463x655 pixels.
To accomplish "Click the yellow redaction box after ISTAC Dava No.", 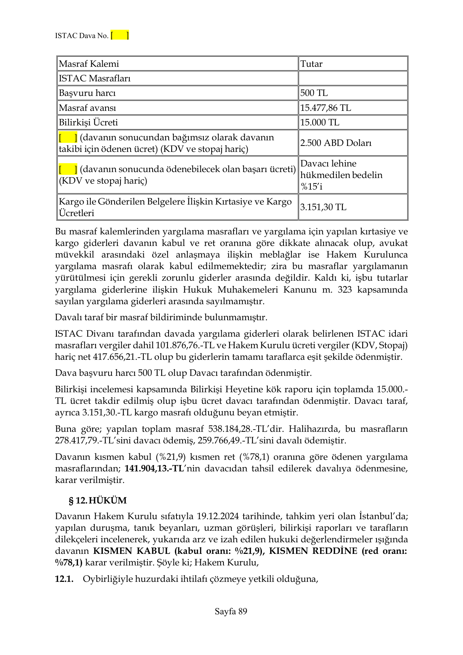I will pos(120,35).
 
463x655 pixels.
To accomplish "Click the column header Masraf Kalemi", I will pos(89,64).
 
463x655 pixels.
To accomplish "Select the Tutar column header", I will pos(311,64).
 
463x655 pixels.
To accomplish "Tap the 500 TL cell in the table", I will pos(314,93).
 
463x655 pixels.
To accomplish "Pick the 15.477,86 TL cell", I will pos(325,108).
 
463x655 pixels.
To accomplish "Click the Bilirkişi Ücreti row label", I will pos(88,122).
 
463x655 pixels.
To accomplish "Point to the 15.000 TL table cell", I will pos(320,122).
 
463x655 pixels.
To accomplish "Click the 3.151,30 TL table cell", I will pos(323,207).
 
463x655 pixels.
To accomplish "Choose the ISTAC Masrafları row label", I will pos(95,78).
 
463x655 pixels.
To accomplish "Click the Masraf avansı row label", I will pos(87,108).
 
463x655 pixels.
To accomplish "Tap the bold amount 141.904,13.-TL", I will pos(154,468).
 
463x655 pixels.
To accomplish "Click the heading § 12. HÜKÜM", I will pos(98,500).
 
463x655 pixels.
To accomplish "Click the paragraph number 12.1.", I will pos(64,579).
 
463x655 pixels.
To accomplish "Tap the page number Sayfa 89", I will pos(231,611).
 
